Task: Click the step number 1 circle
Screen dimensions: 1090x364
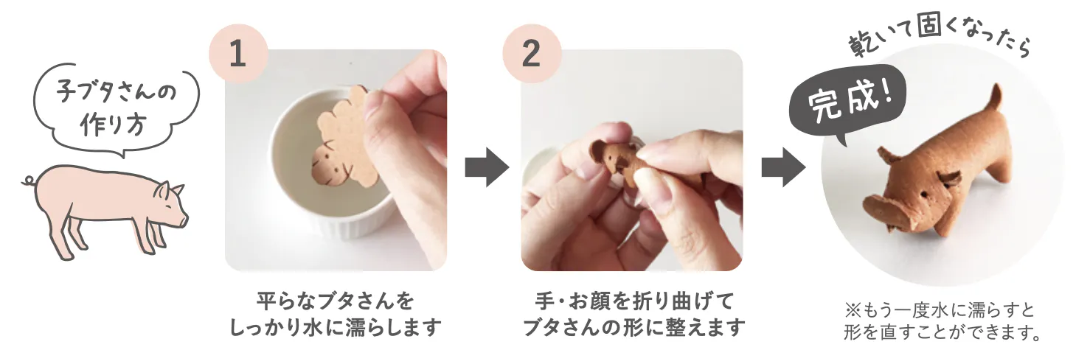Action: click(x=238, y=54)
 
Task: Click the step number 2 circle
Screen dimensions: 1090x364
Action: click(x=532, y=54)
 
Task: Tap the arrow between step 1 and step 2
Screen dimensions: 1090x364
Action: click(x=487, y=167)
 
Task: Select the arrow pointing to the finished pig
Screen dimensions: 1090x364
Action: click(x=783, y=167)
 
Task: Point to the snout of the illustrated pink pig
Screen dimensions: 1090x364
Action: click(x=184, y=220)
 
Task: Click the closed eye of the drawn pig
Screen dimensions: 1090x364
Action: click(x=168, y=206)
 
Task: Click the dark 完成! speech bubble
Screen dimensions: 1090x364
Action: click(x=847, y=103)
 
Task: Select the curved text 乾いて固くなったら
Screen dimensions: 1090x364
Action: click(x=939, y=40)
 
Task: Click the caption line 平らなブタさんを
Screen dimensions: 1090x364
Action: click(x=336, y=301)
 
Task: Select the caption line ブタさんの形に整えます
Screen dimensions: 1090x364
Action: click(x=634, y=327)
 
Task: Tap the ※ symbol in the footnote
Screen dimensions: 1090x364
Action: click(x=853, y=309)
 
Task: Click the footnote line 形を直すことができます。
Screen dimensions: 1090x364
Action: click(x=943, y=332)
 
